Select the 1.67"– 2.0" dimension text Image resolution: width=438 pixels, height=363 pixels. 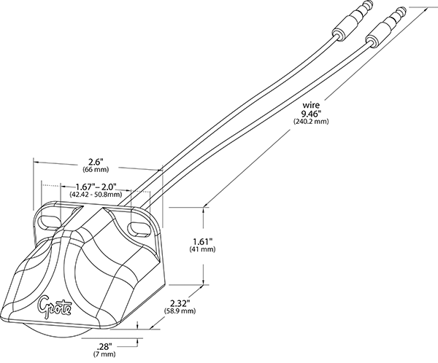90,187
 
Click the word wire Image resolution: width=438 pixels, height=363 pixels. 310,104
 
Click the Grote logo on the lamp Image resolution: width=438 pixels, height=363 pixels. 52,300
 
